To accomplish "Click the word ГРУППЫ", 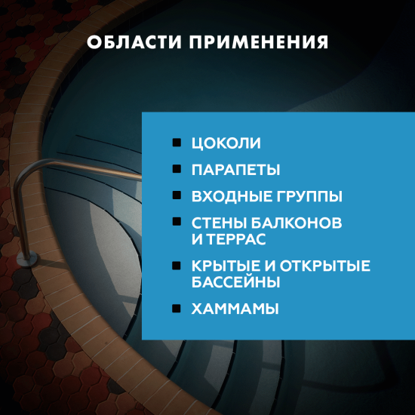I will click(x=309, y=196).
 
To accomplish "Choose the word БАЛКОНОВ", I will click(x=297, y=223).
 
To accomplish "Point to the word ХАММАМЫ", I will click(x=236, y=309).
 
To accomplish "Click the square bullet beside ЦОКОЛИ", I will click(x=177, y=142).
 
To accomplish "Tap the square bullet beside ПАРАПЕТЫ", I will click(x=177, y=168).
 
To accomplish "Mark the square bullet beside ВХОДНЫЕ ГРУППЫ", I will click(x=177, y=195).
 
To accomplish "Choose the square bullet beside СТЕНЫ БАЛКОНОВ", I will click(x=177, y=223).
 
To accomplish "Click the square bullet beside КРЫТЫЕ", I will click(x=177, y=266).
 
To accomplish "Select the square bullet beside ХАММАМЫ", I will click(x=177, y=308).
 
